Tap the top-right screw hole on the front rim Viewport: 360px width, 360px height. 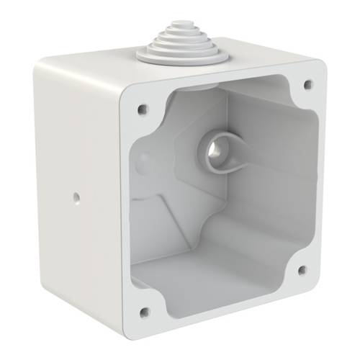tap(308, 84)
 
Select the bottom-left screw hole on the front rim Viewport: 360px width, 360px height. tap(144, 312)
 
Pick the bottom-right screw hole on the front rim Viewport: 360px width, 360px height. tap(302, 270)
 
